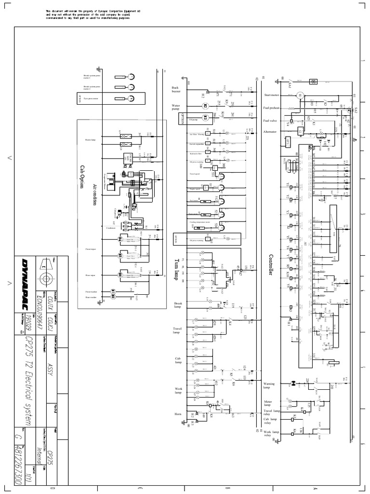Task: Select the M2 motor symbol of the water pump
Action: [204, 107]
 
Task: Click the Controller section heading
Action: [271, 264]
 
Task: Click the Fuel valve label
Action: [270, 121]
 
